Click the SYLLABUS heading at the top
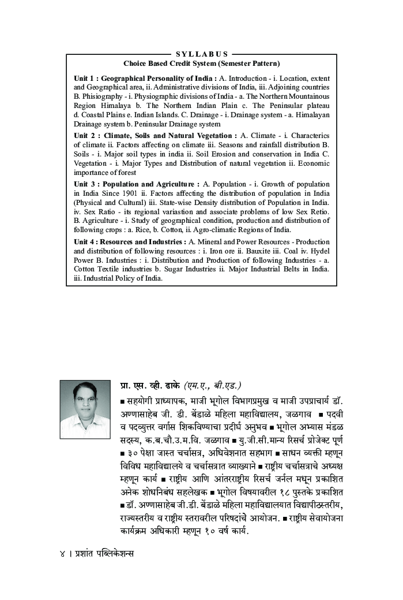tap(202, 54)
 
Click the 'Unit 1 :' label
tap(86, 78)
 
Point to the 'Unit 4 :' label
tap(86, 241)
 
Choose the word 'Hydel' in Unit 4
tap(319, 251)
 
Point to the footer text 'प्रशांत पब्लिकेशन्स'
tap(102, 553)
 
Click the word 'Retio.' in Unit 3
tap(317, 211)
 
